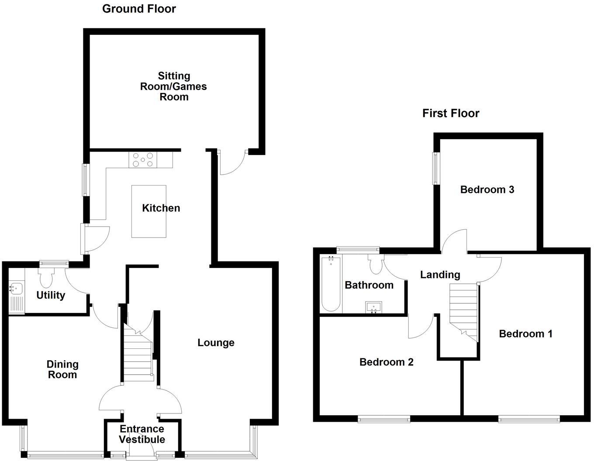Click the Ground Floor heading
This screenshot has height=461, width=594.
click(139, 9)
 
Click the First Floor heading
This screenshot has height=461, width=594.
click(450, 114)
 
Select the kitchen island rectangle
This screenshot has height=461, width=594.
click(149, 222)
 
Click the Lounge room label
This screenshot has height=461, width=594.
click(216, 343)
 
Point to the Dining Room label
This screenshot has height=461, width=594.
click(62, 369)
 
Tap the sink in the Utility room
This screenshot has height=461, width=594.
click(17, 289)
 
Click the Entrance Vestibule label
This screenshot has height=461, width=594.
click(142, 434)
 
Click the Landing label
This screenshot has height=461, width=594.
click(440, 275)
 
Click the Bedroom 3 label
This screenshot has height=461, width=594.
click(487, 189)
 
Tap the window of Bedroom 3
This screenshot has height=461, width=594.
click(436, 168)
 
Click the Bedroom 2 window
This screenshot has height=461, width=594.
click(384, 419)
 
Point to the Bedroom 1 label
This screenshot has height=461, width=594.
click(525, 334)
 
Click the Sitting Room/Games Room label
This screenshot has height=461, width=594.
click(173, 86)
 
